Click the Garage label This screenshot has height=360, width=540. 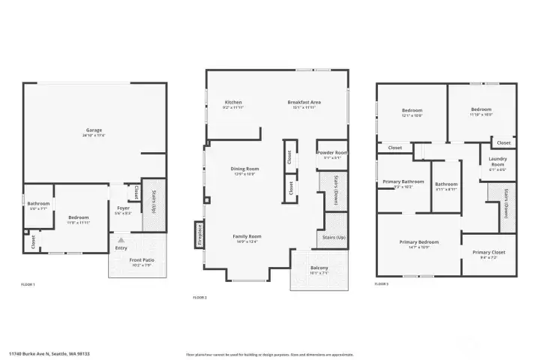pyautogui.click(x=94, y=130)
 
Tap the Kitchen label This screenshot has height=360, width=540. pyautogui.click(x=233, y=102)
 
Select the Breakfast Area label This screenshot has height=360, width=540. pyautogui.click(x=304, y=102)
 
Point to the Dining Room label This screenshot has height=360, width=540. pyautogui.click(x=244, y=169)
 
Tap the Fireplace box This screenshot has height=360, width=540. pyautogui.click(x=199, y=235)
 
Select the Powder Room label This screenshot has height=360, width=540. pyautogui.click(x=331, y=154)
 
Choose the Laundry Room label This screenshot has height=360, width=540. pyautogui.click(x=498, y=161)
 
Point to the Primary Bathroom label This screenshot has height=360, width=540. pyautogui.click(x=403, y=181)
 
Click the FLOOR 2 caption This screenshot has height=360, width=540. pyautogui.click(x=199, y=298)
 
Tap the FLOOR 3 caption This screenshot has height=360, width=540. pyautogui.click(x=382, y=284)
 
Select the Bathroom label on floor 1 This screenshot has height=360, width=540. pyautogui.click(x=38, y=204)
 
